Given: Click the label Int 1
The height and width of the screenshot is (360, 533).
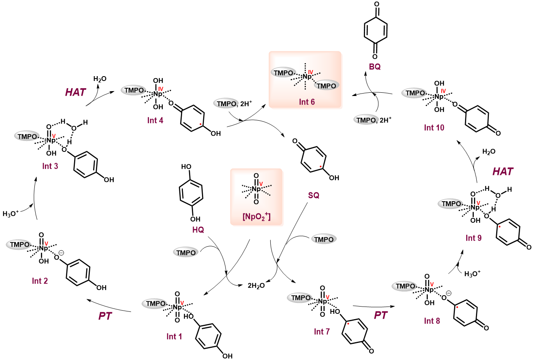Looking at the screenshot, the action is (174, 337).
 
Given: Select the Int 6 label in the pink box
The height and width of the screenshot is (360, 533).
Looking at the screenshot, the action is (307, 102).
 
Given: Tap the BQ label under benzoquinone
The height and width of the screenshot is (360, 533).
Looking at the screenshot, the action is (375, 67).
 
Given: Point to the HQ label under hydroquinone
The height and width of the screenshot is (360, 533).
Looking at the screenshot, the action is (198, 230).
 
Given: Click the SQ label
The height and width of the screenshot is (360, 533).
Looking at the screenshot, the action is (314, 196).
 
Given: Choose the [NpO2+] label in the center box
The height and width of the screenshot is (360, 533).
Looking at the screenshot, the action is (257, 217).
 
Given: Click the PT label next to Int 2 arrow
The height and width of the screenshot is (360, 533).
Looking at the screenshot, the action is (105, 316).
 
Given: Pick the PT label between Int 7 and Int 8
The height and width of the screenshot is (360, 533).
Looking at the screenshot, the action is (381, 315).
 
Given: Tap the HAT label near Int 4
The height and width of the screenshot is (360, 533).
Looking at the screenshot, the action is (75, 92).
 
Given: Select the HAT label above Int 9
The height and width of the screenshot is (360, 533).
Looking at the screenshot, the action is (503, 171).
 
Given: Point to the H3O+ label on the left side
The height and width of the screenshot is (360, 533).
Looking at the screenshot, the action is (11, 213).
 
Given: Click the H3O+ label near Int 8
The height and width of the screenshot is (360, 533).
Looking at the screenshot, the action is (472, 274).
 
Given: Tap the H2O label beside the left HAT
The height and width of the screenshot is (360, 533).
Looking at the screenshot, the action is (100, 79).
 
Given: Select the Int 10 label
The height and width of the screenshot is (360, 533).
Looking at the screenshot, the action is (434, 128).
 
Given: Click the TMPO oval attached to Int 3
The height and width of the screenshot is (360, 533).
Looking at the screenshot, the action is (27, 136).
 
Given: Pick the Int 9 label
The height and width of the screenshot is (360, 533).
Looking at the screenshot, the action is (474, 238).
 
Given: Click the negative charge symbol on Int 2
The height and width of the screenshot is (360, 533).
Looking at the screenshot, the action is (62, 253).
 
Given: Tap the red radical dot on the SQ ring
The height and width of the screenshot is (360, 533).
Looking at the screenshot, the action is (321, 166).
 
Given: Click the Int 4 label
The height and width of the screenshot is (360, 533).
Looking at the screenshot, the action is (155, 121).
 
